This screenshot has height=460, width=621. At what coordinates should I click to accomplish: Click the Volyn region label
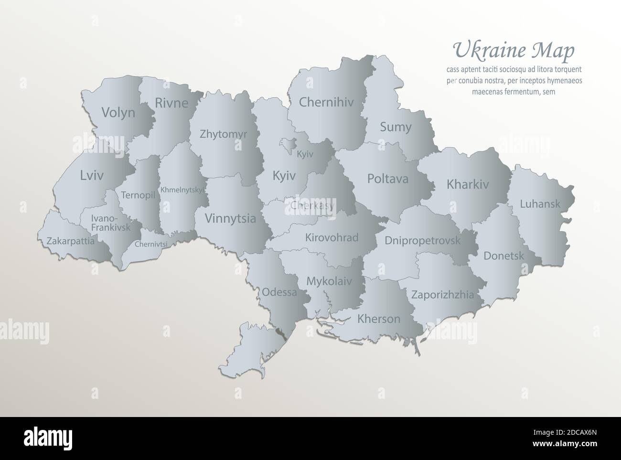(118, 113)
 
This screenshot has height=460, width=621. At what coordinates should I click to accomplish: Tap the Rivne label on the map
(171, 103)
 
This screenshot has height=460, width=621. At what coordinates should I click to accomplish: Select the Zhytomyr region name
(224, 134)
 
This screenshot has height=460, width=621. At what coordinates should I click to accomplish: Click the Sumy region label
(395, 127)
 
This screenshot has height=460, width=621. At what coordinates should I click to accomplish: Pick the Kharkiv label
(468, 184)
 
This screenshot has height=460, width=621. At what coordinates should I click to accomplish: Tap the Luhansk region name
(540, 204)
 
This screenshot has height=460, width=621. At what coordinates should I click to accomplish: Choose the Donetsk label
(503, 256)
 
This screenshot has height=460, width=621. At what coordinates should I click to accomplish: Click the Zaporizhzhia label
(443, 295)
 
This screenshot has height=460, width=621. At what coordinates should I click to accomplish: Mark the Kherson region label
(378, 319)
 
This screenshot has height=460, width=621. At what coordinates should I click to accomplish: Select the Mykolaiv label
(329, 281)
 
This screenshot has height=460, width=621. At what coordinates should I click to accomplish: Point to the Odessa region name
(279, 292)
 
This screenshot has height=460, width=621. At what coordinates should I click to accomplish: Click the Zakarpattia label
(70, 241)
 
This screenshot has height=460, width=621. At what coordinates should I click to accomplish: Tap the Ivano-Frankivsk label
(110, 224)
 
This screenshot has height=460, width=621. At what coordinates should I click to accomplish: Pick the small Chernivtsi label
(151, 244)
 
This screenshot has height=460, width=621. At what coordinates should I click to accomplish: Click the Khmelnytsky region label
(182, 190)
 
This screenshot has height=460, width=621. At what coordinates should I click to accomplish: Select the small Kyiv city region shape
(289, 143)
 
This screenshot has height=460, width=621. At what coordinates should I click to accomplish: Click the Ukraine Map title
(514, 50)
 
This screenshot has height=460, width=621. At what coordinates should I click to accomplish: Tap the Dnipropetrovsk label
(422, 240)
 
